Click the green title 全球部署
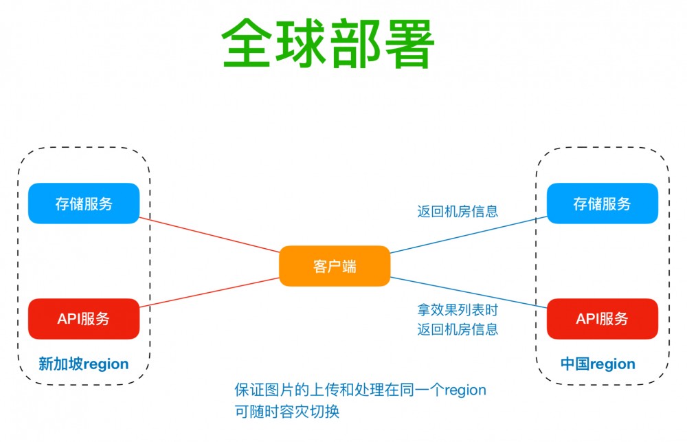point(328,43)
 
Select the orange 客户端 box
point(335,266)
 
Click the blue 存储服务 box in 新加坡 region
point(84,203)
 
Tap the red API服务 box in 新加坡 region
point(84,318)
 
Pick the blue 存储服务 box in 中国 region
point(602,203)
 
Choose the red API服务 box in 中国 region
point(602,318)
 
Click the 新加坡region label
point(83,364)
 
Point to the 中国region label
point(598,364)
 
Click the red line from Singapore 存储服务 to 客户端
point(210,235)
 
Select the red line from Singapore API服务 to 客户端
point(210,292)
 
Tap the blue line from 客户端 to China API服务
point(467,292)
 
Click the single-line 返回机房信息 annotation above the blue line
point(458,212)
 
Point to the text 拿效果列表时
point(458,310)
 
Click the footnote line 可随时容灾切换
point(287,412)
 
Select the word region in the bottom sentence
point(465,390)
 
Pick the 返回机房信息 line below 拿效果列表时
point(458,329)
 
